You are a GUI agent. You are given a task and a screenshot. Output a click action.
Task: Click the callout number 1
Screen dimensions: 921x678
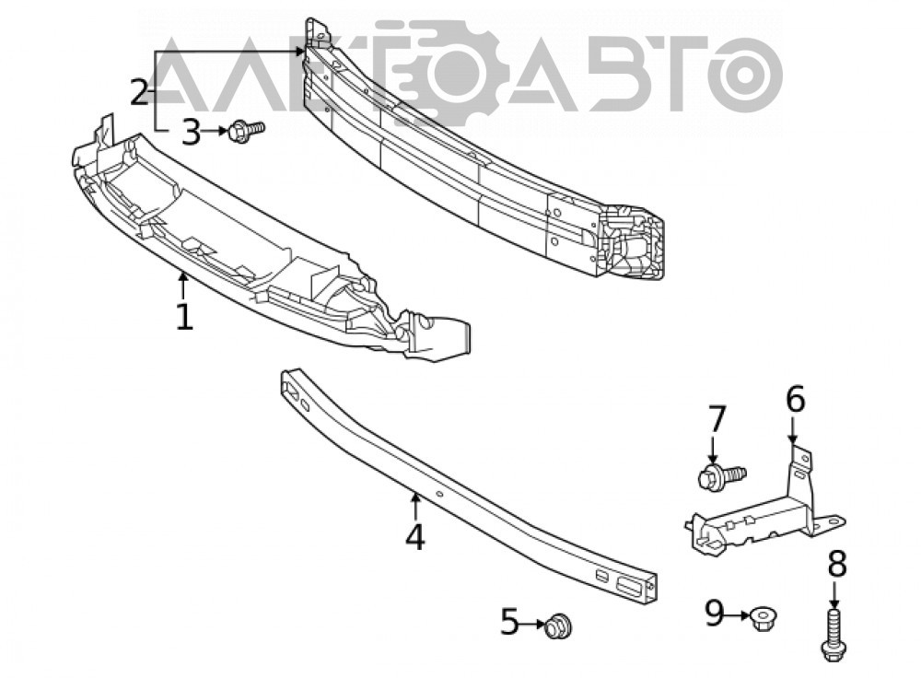(x=184, y=317)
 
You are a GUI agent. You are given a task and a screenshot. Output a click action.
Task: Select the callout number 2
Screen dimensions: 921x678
(x=139, y=92)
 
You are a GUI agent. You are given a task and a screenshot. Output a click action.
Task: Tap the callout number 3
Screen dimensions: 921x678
(x=191, y=133)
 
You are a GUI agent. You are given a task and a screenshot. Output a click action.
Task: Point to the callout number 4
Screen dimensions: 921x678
(x=414, y=536)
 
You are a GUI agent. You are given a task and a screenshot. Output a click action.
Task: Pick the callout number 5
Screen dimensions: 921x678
(x=509, y=622)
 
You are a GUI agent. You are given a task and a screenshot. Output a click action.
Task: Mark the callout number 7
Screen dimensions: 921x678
(x=717, y=418)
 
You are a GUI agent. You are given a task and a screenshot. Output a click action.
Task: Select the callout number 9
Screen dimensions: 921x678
(x=715, y=614)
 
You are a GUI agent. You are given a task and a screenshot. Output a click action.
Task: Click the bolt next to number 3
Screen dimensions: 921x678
(x=246, y=131)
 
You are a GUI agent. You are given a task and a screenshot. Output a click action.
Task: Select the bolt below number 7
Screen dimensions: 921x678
(x=721, y=475)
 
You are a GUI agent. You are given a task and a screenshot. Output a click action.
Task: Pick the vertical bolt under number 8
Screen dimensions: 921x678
(x=834, y=635)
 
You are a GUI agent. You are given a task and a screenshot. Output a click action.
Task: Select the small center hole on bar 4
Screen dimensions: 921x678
(x=438, y=494)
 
